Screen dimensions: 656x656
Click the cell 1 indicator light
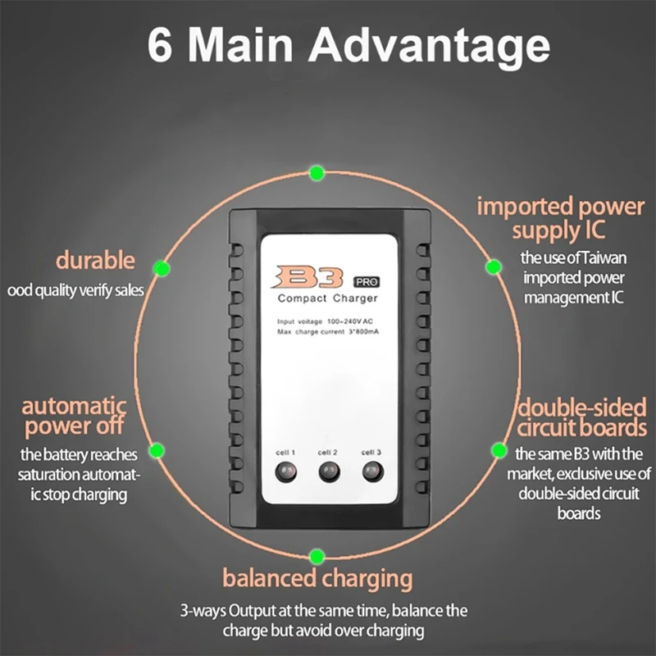285,471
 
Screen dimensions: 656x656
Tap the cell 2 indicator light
328,471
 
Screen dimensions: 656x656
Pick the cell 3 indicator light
371,471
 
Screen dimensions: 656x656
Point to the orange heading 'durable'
94,262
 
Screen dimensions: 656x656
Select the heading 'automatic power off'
75,416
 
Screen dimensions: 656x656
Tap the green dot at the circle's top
317,172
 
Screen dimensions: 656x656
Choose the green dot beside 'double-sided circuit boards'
498,449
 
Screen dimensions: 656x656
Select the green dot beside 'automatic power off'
156,449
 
